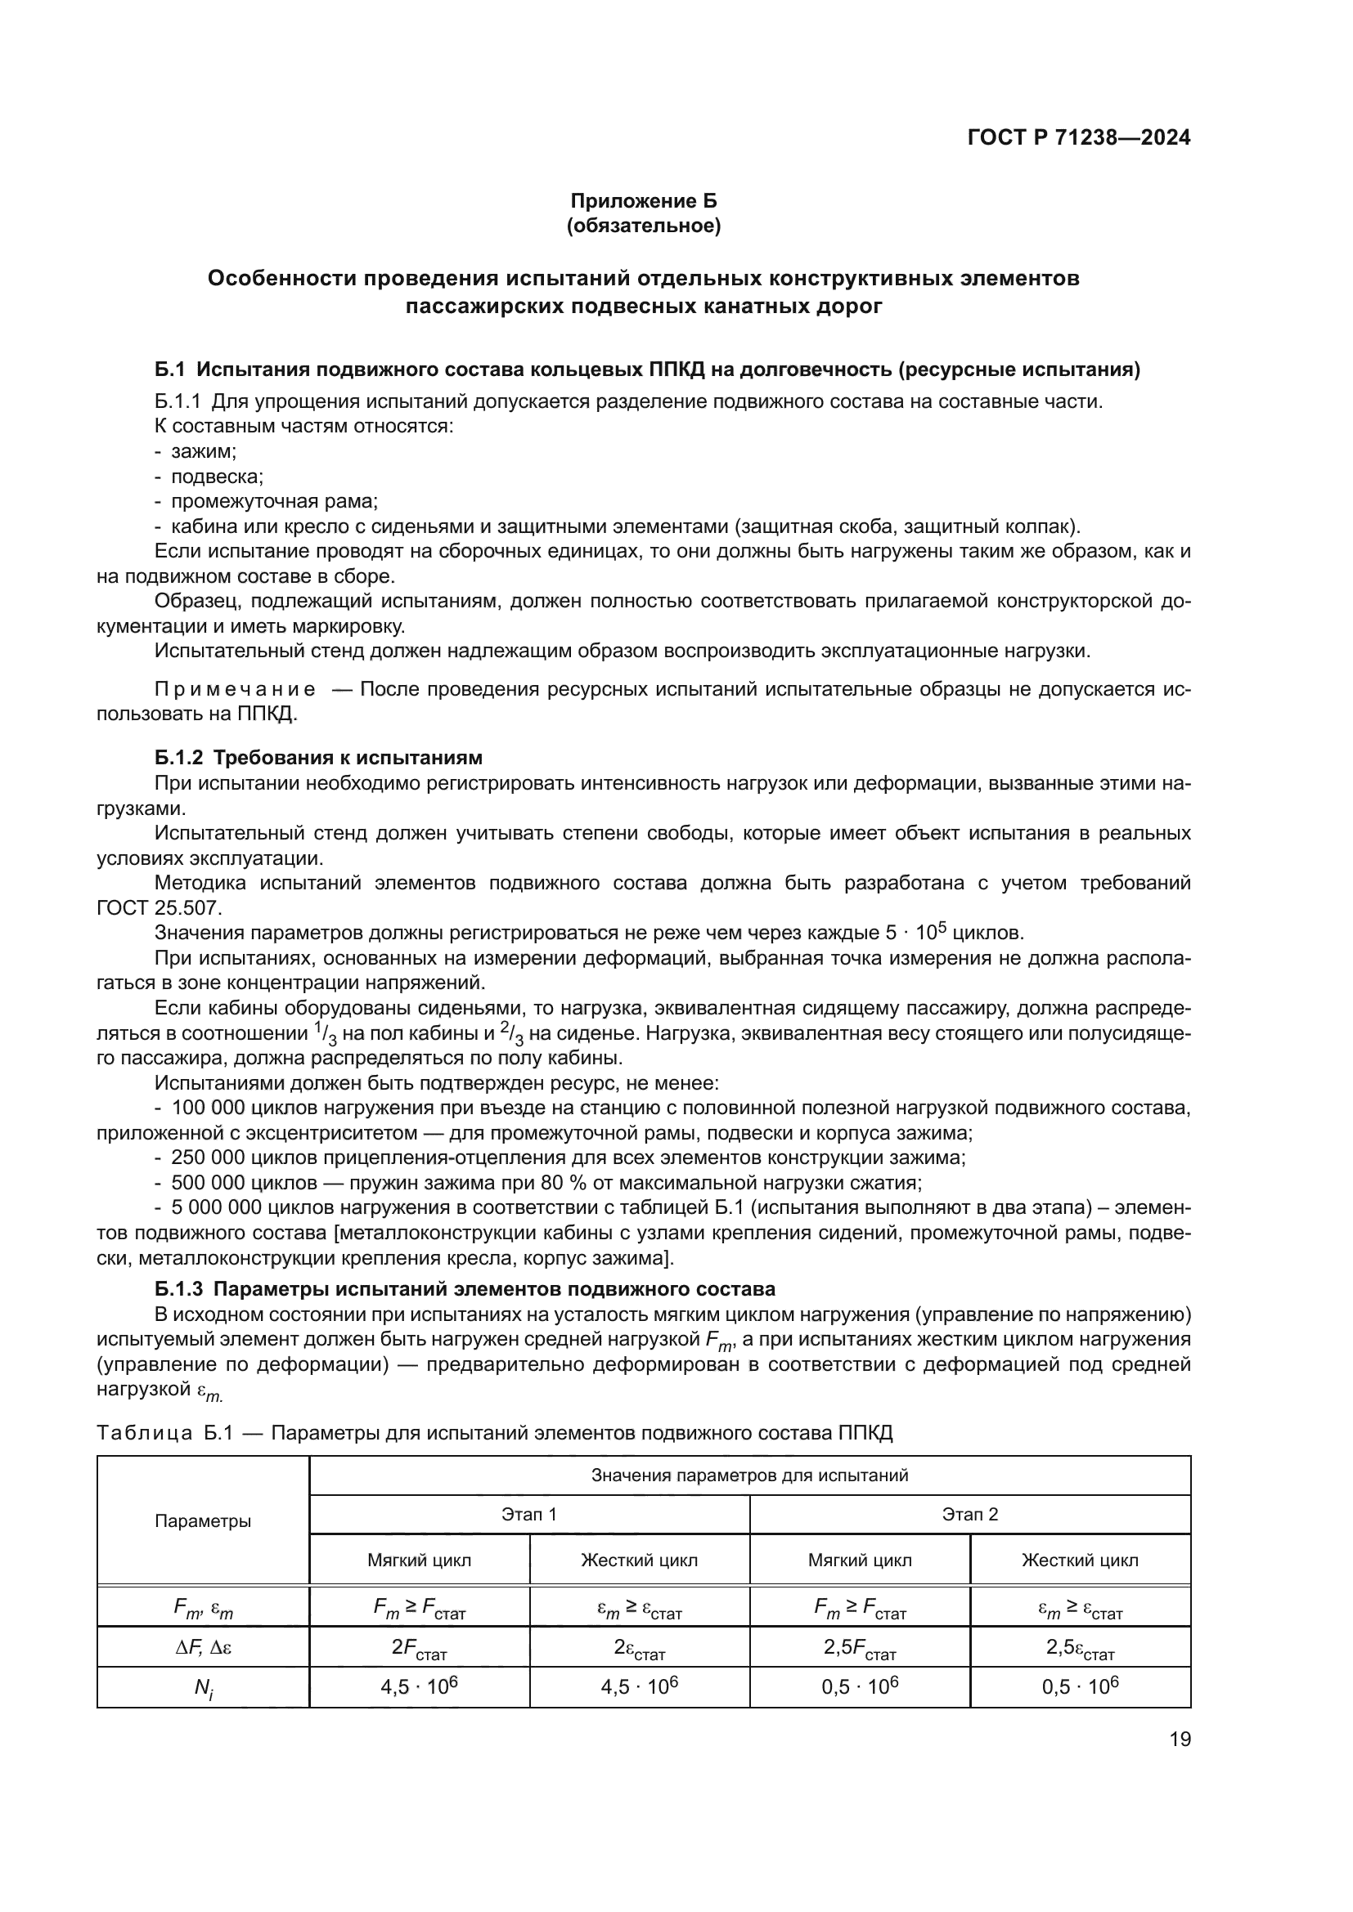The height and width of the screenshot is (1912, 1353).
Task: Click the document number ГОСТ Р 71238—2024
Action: (x=1079, y=137)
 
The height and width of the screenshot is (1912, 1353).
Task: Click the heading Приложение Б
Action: (x=643, y=201)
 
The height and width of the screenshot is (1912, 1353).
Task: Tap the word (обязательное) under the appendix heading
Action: (x=643, y=226)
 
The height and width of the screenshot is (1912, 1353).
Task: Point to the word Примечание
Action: (x=236, y=690)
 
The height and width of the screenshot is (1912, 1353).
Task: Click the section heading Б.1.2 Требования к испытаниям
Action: (x=318, y=758)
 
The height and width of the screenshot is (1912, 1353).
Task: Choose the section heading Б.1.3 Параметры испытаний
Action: (x=465, y=1289)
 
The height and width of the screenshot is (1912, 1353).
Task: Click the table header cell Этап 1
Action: (x=529, y=1514)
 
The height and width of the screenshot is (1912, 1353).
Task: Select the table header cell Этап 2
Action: (x=970, y=1514)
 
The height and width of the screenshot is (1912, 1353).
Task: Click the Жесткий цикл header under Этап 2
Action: (x=1080, y=1560)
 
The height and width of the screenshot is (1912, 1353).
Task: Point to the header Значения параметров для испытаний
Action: (x=749, y=1475)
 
